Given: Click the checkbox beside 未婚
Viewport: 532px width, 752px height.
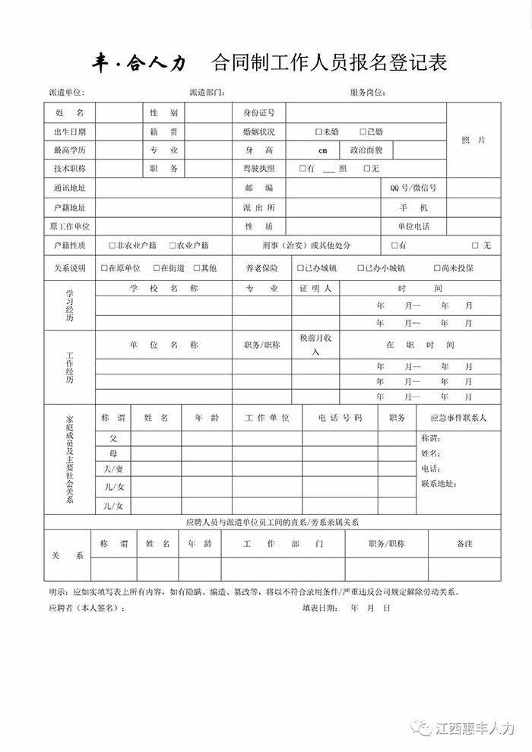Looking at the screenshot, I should (x=318, y=131).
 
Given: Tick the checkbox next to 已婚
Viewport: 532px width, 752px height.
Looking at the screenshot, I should (x=363, y=131).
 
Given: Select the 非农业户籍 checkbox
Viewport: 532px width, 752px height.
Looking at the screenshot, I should (x=112, y=245).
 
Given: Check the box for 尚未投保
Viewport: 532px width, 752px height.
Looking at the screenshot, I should (x=436, y=268).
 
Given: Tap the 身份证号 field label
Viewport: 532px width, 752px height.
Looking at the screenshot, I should (x=258, y=112).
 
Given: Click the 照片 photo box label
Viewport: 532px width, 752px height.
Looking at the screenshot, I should (x=473, y=141).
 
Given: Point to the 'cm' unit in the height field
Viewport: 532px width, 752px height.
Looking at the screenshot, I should (x=322, y=150).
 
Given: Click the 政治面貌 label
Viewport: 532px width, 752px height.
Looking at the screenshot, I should (x=366, y=150).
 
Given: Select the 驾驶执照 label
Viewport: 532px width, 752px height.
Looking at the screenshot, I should (x=258, y=169).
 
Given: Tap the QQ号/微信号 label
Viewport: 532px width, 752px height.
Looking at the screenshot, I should (x=413, y=188).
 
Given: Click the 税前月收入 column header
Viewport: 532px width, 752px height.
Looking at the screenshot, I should (x=315, y=344).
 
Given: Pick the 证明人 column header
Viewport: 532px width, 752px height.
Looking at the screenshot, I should (x=315, y=289).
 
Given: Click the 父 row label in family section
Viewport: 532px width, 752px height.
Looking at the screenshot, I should (x=113, y=439).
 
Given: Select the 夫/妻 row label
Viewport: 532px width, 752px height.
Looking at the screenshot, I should (x=113, y=469).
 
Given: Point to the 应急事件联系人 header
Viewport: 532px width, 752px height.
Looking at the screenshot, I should (x=458, y=418).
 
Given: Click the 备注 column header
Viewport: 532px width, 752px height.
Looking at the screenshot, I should (x=464, y=544).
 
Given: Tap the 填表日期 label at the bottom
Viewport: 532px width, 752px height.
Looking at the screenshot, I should (x=321, y=608).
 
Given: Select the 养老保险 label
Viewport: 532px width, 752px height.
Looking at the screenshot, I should (x=261, y=268).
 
